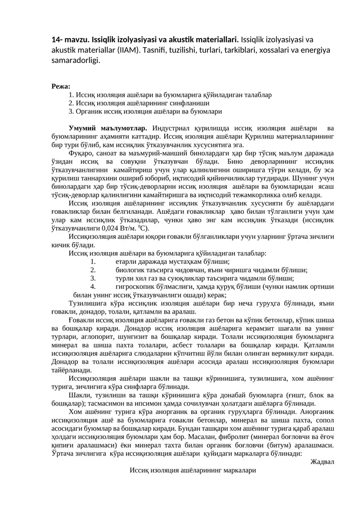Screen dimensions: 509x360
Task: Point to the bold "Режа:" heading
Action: pos(61,86)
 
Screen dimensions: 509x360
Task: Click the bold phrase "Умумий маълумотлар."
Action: pos(108,128)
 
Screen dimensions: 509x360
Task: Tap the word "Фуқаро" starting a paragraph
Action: pos(80,153)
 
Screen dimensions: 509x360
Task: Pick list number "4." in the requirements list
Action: pos(93,286)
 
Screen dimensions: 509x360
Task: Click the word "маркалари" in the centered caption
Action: pos(236,470)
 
